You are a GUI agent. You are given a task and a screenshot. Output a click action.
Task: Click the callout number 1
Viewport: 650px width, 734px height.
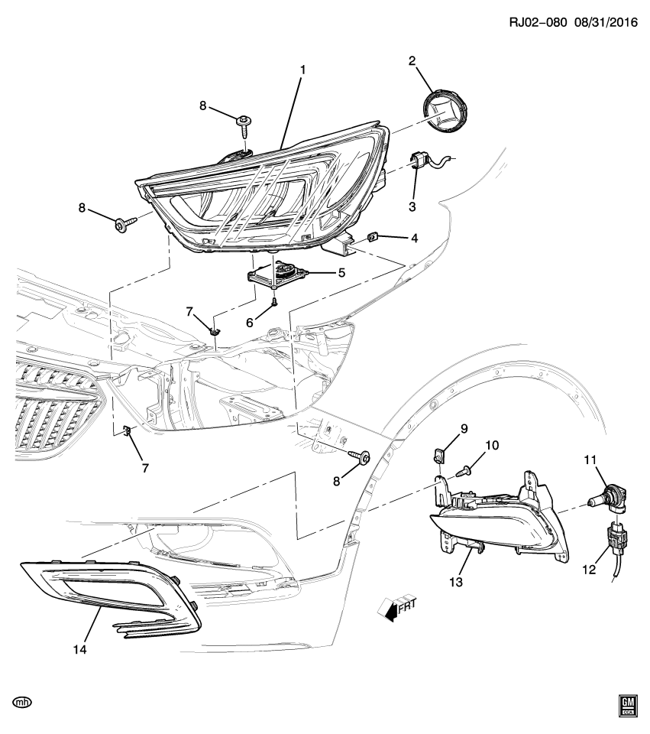tap(302, 70)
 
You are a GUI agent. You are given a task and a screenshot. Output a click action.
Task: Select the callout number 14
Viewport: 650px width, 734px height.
tap(79, 650)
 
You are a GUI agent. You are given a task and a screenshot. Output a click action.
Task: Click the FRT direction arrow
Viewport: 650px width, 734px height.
tap(395, 607)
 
